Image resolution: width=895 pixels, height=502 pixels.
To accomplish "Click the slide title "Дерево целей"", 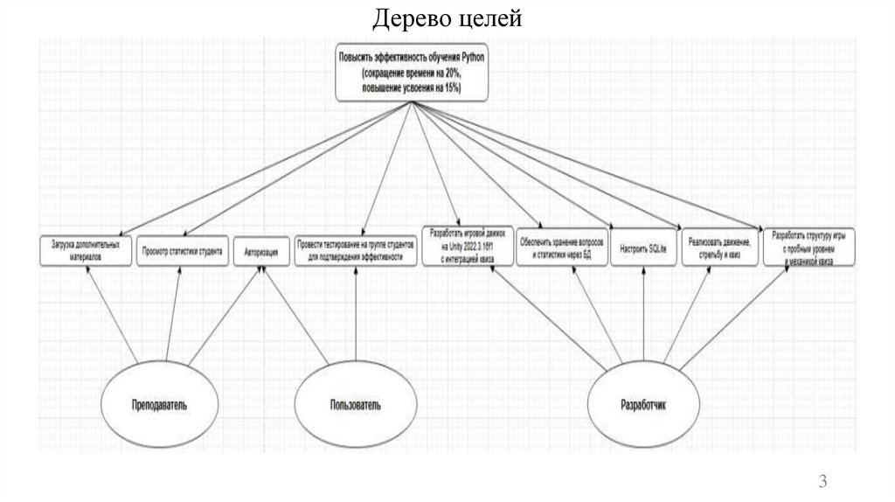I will [x=448, y=18].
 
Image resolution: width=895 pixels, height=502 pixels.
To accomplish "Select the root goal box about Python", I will [x=412, y=72].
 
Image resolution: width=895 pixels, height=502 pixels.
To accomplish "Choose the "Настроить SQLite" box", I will [x=643, y=249].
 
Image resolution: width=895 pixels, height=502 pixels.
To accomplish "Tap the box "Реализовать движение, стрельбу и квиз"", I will [x=719, y=249].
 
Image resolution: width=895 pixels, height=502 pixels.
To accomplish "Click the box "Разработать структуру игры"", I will [x=809, y=248].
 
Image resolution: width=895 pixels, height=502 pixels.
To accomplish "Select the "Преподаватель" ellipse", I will [x=160, y=405].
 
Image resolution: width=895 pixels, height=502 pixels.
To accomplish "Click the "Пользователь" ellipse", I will [x=355, y=405].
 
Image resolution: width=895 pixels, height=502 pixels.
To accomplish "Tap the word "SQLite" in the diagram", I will [x=656, y=249].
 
